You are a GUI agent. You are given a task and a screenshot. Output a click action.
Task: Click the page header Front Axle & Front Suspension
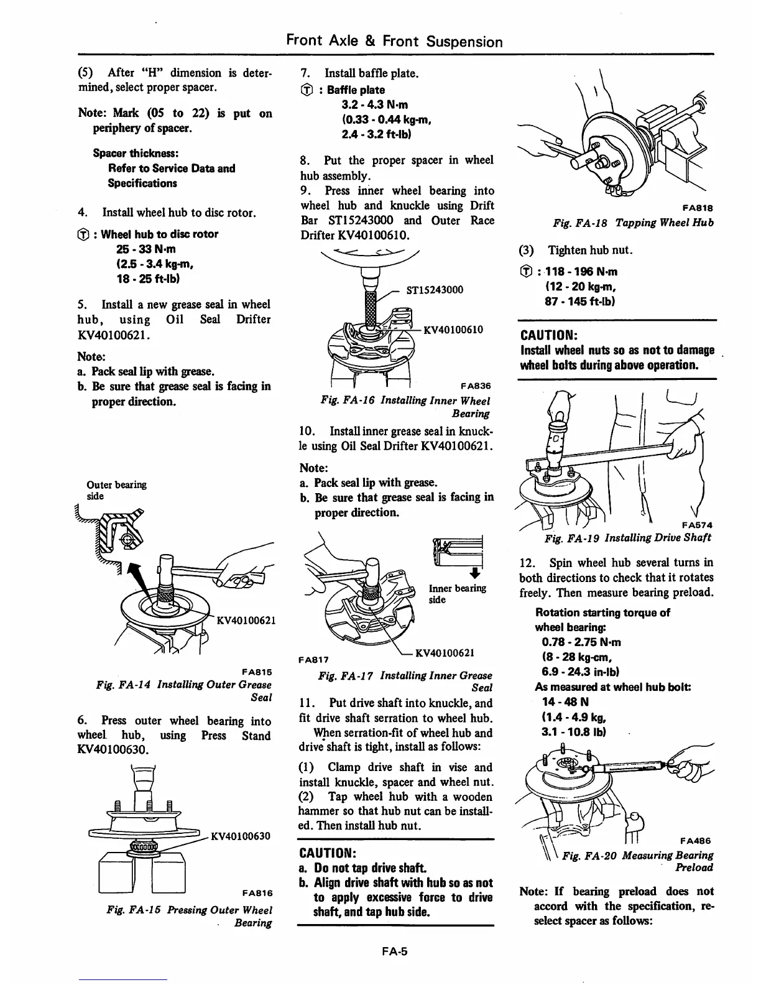click(394, 42)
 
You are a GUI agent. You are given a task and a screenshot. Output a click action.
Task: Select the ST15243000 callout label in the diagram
click(434, 290)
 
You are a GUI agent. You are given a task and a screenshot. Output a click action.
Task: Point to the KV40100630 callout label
click(241, 836)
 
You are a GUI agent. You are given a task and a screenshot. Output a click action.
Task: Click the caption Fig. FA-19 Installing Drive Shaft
click(627, 537)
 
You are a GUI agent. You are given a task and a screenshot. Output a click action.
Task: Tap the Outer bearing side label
click(116, 490)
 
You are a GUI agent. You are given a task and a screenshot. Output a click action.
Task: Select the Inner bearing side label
click(457, 594)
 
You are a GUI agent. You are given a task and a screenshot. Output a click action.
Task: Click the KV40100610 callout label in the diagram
click(453, 330)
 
